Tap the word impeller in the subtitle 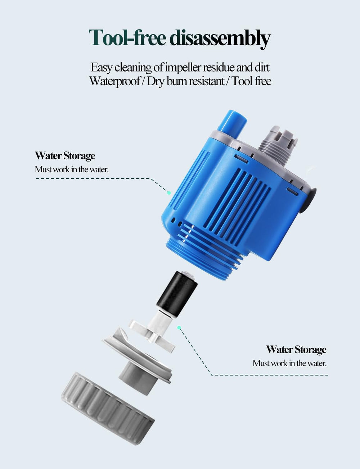tap(183, 67)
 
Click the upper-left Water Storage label tap(65, 156)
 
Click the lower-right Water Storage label tap(296, 349)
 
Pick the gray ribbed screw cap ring tap(108, 408)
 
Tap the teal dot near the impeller tap(179, 327)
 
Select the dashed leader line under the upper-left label tap(94, 178)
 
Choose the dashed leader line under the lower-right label tap(270, 375)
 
